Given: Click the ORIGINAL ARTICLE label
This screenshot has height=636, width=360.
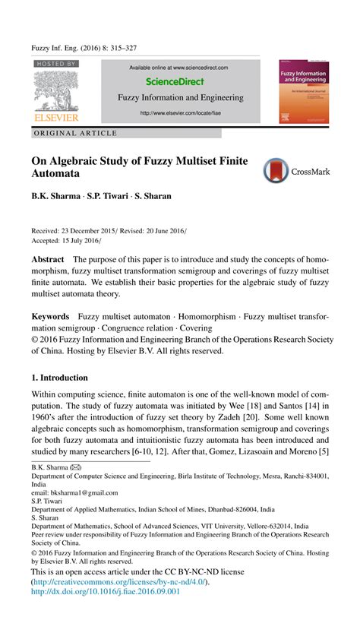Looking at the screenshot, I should (76, 134).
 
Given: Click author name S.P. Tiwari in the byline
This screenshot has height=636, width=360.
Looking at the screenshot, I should (106, 196).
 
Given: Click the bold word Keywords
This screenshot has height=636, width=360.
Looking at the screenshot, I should (50, 316).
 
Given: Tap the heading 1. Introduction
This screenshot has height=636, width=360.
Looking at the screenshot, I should (59, 378).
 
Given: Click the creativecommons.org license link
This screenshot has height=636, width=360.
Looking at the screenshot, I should (119, 581).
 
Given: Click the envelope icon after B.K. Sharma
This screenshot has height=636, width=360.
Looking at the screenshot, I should (76, 467).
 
